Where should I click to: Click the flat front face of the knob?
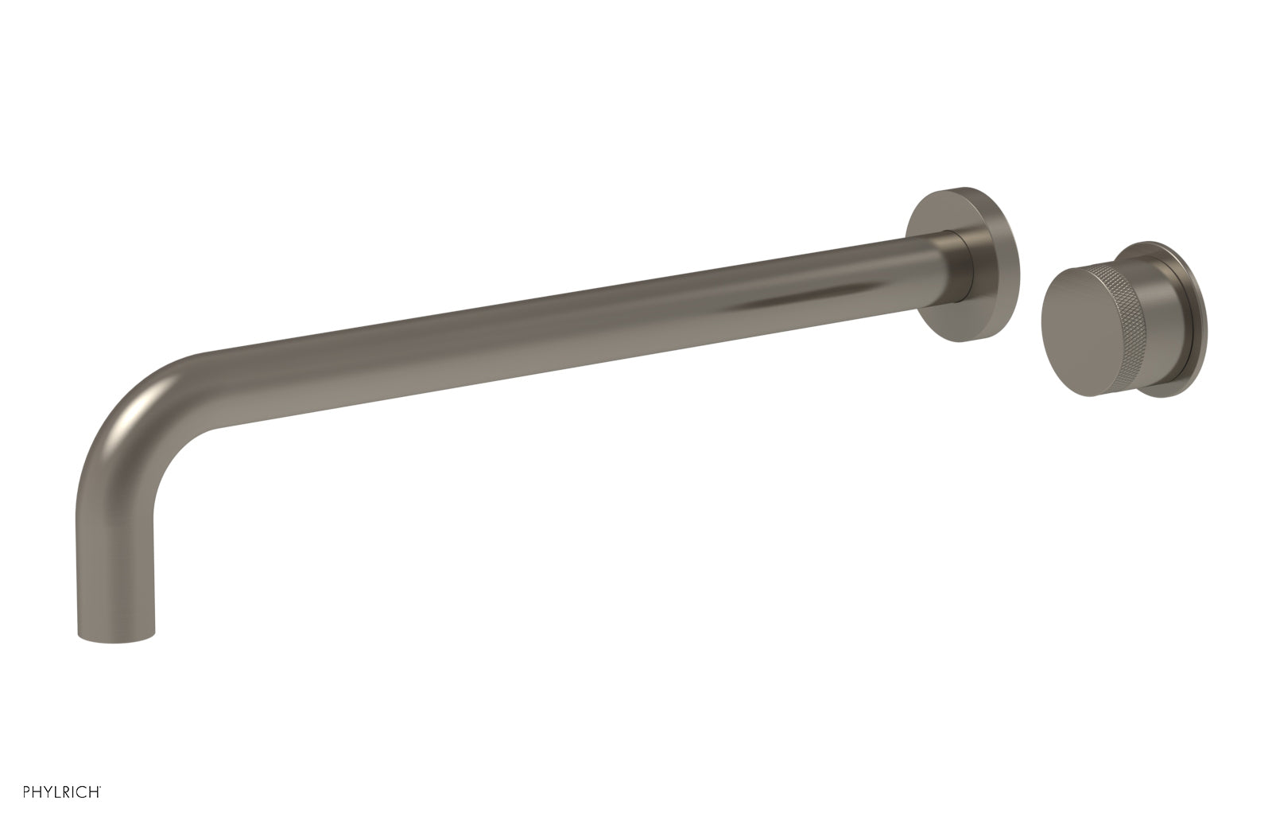pos(1069,334)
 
